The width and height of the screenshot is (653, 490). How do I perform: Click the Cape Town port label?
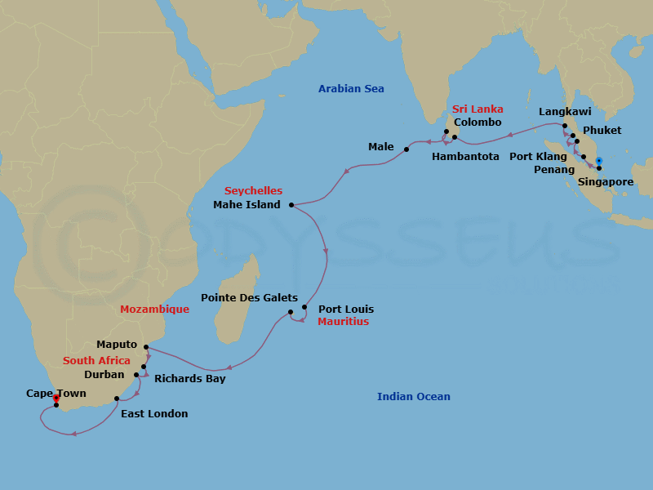point(56,393)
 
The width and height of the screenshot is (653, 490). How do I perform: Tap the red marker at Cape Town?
point(56,399)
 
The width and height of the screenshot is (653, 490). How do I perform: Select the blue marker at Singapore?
point(598,160)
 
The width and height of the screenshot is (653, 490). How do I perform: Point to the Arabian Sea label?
point(351,88)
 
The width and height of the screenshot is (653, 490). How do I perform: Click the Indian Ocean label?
point(413,397)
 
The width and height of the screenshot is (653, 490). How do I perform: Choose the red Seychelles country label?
point(253,190)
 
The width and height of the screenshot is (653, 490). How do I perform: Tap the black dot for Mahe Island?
point(291,205)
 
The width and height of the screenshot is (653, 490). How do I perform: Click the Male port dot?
point(406,149)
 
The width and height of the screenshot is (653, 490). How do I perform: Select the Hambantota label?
point(465,156)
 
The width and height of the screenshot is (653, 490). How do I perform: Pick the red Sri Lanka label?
point(478,109)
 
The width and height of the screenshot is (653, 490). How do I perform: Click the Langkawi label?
point(565,111)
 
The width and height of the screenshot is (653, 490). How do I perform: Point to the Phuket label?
point(602,131)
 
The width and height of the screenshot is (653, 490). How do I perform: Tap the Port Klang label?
point(539,156)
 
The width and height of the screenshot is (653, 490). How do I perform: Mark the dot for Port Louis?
point(304,308)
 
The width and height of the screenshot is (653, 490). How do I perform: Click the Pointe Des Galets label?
point(249,298)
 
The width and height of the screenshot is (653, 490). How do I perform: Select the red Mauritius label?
point(344,322)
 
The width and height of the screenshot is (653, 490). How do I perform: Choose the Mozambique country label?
point(154,310)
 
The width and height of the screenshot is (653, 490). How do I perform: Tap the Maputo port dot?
point(146,347)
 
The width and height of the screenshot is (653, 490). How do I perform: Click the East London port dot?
point(118,399)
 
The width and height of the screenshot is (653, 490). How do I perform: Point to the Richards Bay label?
point(189,378)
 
